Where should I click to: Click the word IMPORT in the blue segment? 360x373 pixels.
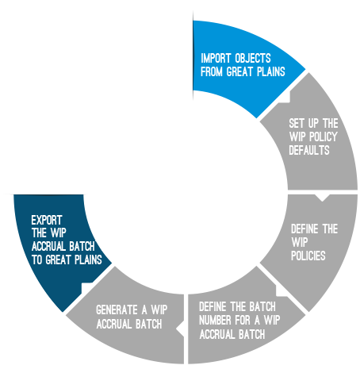click(x=216, y=59)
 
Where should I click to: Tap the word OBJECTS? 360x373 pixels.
click(x=253, y=59)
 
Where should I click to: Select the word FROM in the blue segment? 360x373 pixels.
click(x=212, y=72)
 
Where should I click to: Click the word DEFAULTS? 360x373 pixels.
click(x=309, y=150)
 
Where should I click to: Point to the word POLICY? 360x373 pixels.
click(x=324, y=137)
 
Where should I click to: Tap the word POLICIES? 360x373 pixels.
click(x=308, y=256)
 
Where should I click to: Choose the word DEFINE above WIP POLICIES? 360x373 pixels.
click(x=304, y=229)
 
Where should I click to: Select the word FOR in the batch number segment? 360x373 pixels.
click(x=243, y=321)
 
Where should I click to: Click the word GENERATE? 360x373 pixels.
click(x=117, y=310)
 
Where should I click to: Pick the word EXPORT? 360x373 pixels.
click(x=47, y=220)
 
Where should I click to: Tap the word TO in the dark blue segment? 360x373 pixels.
click(x=36, y=260)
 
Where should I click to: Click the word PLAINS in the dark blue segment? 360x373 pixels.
click(x=88, y=260)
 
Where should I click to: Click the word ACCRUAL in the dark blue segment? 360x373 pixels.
click(x=48, y=247)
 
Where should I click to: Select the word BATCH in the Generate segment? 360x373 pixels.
click(x=148, y=324)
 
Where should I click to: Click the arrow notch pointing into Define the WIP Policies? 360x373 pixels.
click(x=322, y=198)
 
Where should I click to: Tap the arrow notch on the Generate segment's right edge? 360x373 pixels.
click(x=180, y=329)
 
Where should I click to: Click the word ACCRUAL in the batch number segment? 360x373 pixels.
click(x=216, y=334)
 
